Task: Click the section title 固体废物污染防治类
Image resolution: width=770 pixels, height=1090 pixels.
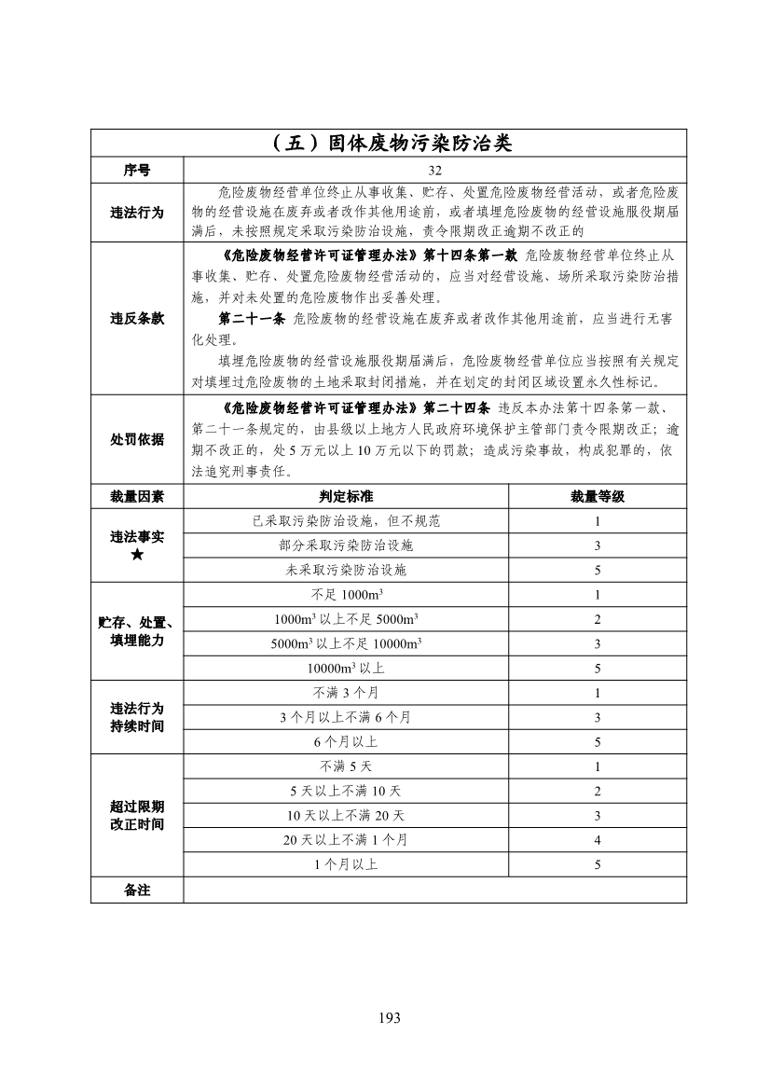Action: pos(389,144)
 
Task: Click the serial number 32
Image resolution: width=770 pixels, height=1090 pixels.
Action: pos(434,171)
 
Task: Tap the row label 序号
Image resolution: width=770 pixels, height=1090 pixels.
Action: pos(137,171)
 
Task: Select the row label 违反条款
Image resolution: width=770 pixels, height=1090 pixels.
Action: pos(137,319)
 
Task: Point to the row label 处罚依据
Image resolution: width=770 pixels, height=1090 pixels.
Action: pos(137,439)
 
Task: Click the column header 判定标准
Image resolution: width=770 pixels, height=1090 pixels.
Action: pos(346,496)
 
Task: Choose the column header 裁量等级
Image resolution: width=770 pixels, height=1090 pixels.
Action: pos(597,496)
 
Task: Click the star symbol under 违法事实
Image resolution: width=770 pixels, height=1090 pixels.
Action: pos(137,556)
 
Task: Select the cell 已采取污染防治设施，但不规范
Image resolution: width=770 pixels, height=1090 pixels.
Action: pos(346,521)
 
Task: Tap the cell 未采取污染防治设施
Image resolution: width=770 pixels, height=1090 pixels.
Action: pos(346,570)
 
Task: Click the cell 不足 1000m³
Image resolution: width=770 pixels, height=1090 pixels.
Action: pos(346,595)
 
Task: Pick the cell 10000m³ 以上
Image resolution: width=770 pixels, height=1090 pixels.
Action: pos(346,669)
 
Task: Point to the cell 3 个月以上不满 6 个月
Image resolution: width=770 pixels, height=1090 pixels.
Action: pos(346,717)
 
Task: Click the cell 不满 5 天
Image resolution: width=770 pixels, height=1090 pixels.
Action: pos(346,766)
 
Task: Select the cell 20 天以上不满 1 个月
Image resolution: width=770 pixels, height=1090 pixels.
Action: pos(346,840)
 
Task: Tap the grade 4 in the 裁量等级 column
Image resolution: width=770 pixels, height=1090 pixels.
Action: pos(597,840)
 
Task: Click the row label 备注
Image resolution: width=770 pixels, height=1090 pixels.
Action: pos(137,890)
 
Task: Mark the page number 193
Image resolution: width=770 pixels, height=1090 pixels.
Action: pos(389,1017)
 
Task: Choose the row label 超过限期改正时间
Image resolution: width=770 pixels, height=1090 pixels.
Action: pos(137,815)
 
